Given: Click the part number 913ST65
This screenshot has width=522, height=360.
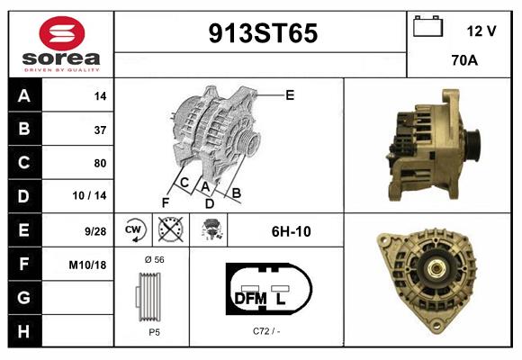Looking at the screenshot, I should click(263, 33).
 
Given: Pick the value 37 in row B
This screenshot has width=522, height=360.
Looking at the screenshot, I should click(99, 130).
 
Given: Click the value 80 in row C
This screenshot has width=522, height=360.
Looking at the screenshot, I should click(99, 163).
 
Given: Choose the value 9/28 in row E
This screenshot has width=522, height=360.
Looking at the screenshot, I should click(95, 230).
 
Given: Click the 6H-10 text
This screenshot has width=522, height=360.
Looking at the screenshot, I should click(291, 231).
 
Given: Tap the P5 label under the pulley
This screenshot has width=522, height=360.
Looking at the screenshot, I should click(154, 331).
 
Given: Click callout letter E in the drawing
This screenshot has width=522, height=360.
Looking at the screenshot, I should click(289, 94).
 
